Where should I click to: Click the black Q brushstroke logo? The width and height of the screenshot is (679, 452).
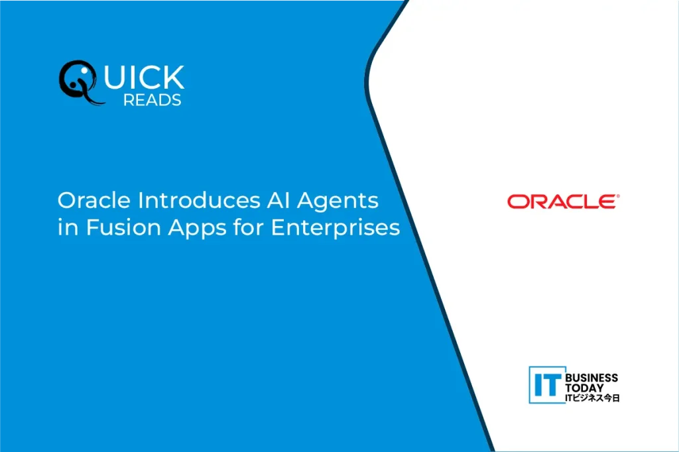tap(78, 82)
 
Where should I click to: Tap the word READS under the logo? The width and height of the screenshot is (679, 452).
tap(153, 100)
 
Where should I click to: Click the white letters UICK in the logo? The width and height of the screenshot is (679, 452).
tap(144, 77)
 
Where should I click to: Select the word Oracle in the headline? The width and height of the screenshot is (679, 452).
tap(94, 200)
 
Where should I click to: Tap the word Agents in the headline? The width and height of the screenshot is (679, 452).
tap(338, 202)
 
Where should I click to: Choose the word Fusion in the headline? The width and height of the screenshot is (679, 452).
tap(123, 228)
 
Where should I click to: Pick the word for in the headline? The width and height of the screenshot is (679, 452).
tap(249, 227)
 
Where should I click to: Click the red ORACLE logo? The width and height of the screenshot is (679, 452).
tap(563, 201)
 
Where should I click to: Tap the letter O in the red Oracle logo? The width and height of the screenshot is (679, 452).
tap(517, 201)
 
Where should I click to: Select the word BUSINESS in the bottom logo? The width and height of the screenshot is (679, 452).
tap(591, 378)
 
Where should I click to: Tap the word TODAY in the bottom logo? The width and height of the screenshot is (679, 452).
tap(584, 388)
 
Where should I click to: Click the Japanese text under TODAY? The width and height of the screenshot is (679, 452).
tap(592, 398)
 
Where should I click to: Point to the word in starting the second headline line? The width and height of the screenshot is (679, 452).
tap(68, 228)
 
